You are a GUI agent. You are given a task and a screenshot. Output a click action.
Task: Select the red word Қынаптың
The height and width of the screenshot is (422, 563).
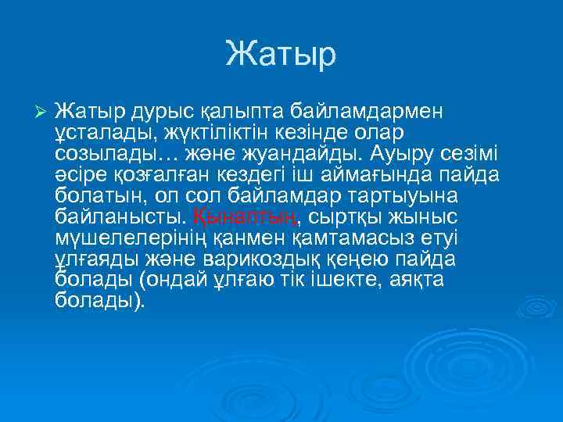pyautogui.click(x=243, y=216)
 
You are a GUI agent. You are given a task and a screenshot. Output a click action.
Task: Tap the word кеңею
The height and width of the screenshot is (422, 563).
pyautogui.click(x=371, y=258)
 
